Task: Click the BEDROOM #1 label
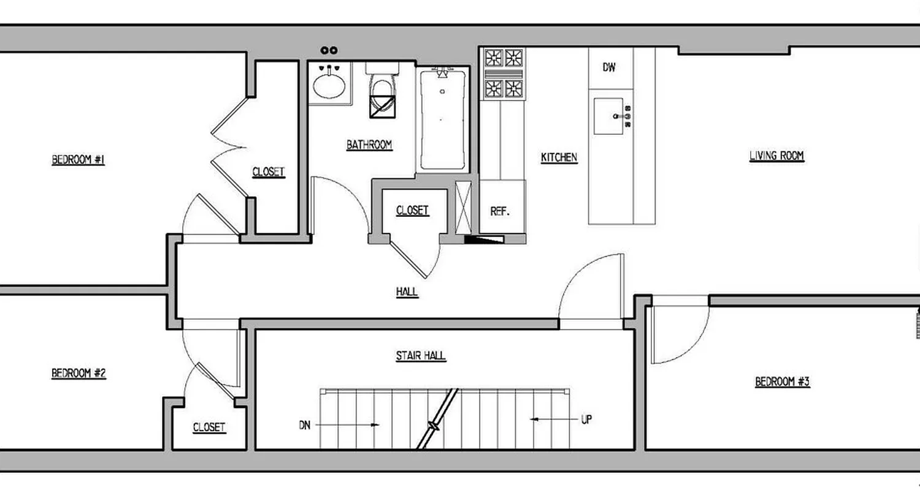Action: click(x=78, y=160)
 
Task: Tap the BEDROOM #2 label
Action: click(x=79, y=373)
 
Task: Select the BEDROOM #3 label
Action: click(x=782, y=382)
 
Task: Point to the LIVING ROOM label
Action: click(x=776, y=156)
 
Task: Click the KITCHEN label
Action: click(x=559, y=158)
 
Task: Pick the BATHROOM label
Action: click(x=369, y=145)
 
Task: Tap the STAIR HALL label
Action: click(x=421, y=356)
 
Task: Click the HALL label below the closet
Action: click(x=407, y=292)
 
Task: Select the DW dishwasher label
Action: click(x=609, y=68)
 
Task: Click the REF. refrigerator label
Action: click(x=500, y=211)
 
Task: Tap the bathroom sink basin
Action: click(x=330, y=85)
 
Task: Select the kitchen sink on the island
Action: click(x=609, y=116)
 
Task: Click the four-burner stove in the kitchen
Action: click(x=504, y=73)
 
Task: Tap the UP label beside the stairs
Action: click(x=586, y=420)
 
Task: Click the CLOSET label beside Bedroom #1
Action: click(x=269, y=172)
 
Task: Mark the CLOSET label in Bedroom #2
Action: click(x=209, y=428)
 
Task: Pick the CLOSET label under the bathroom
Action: click(x=412, y=211)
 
